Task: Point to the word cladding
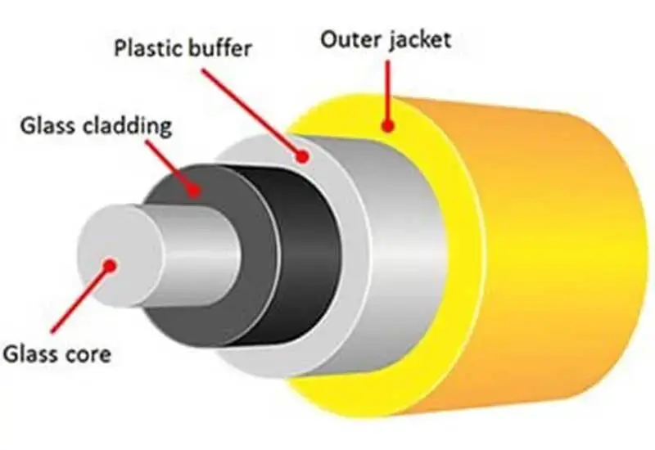pos(129,127)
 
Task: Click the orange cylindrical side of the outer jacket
pos(557,245)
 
